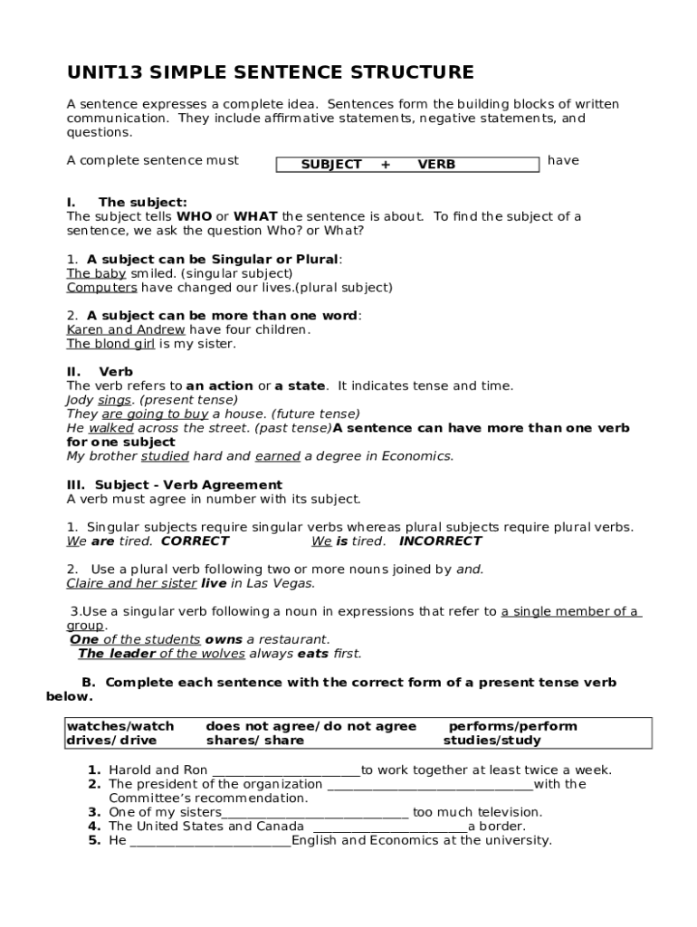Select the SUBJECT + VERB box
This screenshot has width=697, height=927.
click(406, 164)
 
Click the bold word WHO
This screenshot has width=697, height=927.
click(194, 216)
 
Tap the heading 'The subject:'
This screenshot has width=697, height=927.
click(142, 202)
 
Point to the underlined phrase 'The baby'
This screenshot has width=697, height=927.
click(96, 272)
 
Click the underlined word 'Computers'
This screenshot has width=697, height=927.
click(101, 287)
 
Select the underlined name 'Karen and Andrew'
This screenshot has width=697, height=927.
click(125, 330)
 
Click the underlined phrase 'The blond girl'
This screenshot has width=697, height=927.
click(110, 344)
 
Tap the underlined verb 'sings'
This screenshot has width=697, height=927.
click(114, 399)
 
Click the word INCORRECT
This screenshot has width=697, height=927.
click(441, 541)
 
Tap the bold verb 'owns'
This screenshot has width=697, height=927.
click(224, 639)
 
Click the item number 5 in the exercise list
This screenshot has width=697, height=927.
click(93, 840)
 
